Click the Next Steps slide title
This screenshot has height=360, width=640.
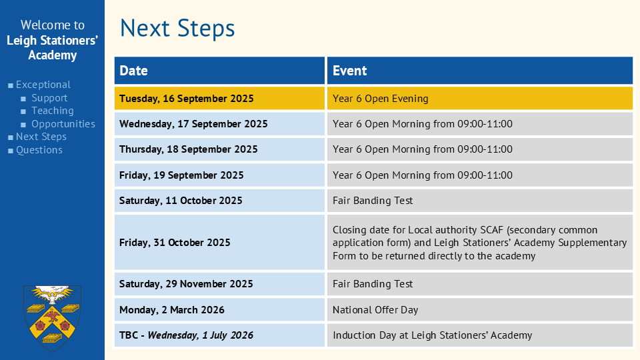[x=177, y=29]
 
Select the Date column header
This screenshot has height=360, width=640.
[x=219, y=71]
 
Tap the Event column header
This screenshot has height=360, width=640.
[x=480, y=71]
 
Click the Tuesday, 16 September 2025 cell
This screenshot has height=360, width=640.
[x=219, y=99]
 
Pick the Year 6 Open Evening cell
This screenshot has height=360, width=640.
[x=480, y=99]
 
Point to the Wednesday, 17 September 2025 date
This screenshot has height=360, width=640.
[x=193, y=124]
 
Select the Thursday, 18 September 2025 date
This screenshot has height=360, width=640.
[x=189, y=149]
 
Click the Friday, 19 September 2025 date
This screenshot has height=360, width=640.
[x=181, y=175]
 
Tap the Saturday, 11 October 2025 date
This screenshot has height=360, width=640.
[x=181, y=201]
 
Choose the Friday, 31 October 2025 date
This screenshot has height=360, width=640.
[x=175, y=243]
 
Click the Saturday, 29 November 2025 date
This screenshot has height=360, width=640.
[x=186, y=284]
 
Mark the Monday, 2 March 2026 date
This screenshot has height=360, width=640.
[x=172, y=310]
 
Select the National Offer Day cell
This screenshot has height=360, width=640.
[x=480, y=310]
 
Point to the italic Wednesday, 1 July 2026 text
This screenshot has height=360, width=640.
[x=201, y=335]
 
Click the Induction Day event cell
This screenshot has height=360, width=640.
[x=480, y=335]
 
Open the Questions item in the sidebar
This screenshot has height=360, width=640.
[x=39, y=150]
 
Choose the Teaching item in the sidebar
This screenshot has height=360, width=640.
[x=53, y=111]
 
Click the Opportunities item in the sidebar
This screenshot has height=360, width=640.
[x=63, y=124]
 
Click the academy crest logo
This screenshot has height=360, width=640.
[x=52, y=318]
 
